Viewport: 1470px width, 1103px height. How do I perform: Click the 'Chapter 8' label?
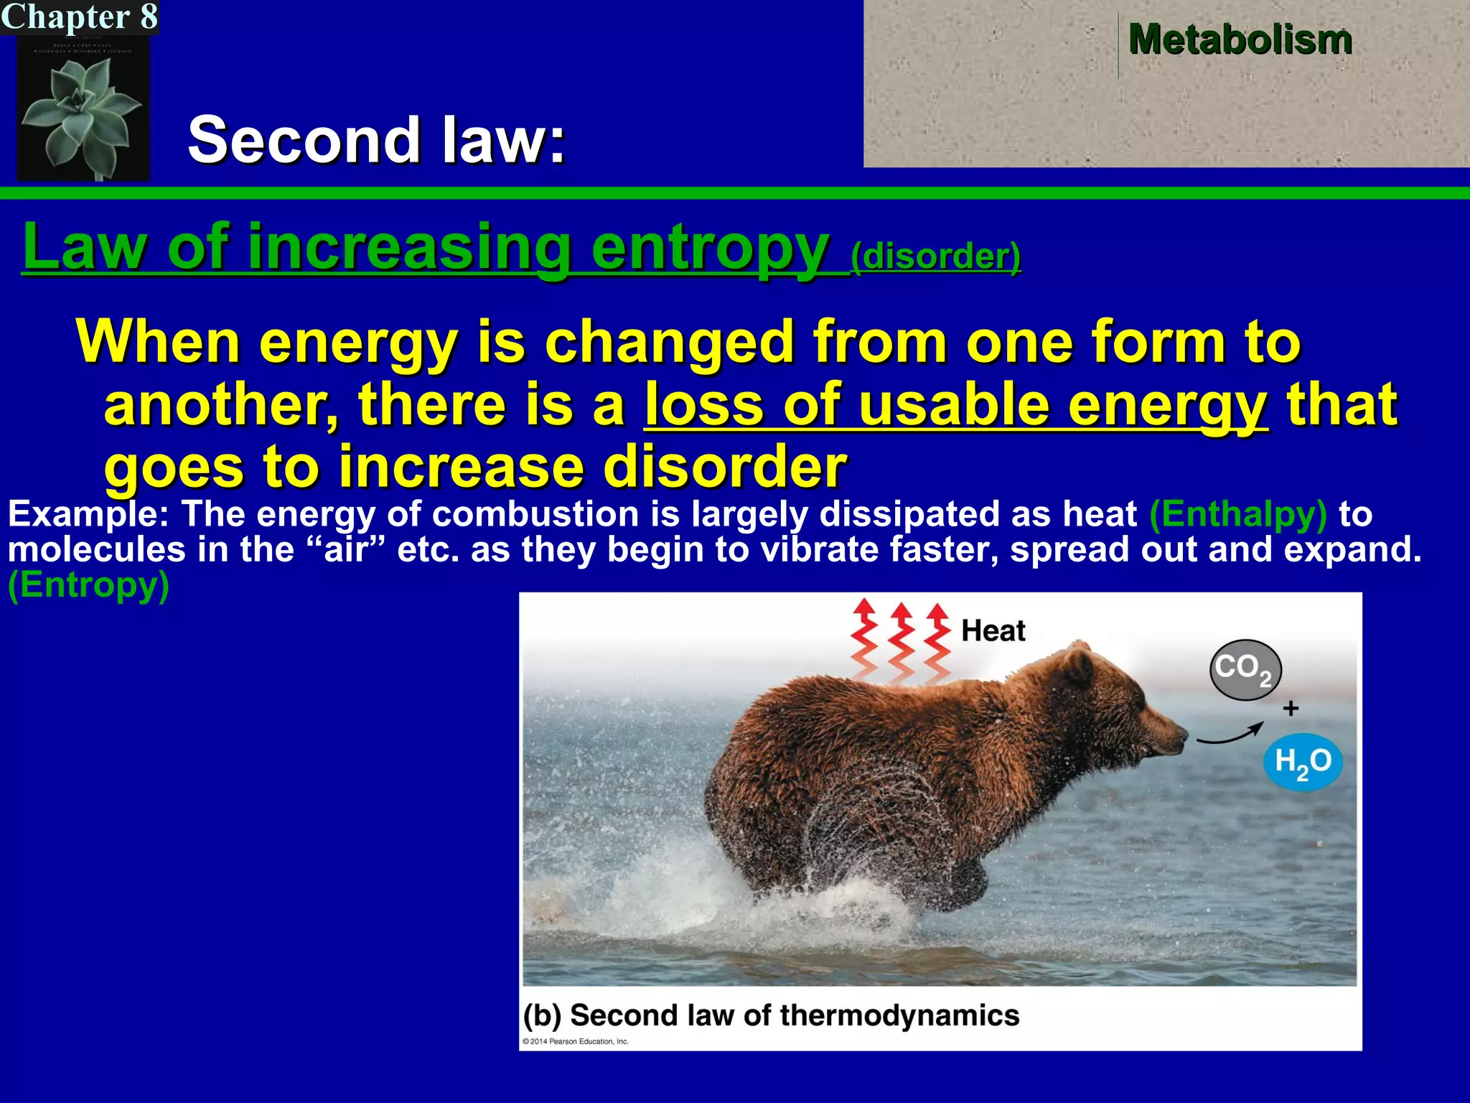[x=79, y=17]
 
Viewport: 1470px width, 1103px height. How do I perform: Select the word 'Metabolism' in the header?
[x=1240, y=39]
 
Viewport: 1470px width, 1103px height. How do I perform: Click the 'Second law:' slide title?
[x=377, y=139]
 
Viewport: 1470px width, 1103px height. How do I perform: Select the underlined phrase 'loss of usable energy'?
[x=955, y=405]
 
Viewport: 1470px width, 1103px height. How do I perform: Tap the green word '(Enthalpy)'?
[x=1238, y=514]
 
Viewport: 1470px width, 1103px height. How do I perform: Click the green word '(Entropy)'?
[x=88, y=585]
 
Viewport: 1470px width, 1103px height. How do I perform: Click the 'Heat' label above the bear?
[x=993, y=630]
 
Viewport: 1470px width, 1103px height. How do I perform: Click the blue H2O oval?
[x=1303, y=762]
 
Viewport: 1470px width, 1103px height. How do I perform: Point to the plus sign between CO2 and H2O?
[x=1291, y=709]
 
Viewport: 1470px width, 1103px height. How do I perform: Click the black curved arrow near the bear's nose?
[x=1230, y=736]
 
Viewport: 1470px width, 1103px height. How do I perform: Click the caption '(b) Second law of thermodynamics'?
[x=771, y=1015]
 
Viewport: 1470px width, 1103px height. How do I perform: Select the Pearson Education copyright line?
[x=576, y=1041]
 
